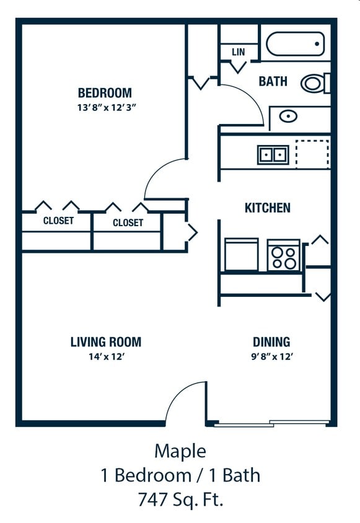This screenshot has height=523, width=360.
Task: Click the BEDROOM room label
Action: [x=105, y=93]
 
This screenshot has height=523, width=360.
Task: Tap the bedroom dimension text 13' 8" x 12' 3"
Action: [x=107, y=108]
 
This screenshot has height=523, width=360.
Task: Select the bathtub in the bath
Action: [x=296, y=44]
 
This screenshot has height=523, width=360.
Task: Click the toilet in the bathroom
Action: [x=315, y=83]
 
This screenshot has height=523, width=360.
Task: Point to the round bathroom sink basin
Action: [x=288, y=116]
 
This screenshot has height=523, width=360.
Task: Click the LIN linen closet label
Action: [x=238, y=52]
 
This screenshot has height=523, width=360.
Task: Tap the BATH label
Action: [x=273, y=81]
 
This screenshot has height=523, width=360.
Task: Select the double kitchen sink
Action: [x=273, y=155]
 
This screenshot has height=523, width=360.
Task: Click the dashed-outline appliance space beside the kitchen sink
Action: [x=312, y=154]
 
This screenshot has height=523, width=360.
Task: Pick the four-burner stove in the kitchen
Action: [x=284, y=255]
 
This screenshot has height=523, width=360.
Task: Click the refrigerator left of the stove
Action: [x=241, y=254]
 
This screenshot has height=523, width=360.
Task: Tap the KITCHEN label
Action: [x=268, y=208]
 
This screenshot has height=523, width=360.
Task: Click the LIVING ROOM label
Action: [x=106, y=342]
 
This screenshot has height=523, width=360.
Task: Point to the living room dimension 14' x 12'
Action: [x=107, y=356]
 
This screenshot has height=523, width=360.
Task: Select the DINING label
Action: [x=271, y=342]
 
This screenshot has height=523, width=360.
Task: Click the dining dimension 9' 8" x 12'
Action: [x=272, y=356]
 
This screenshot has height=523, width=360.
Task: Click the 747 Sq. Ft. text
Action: [x=180, y=499]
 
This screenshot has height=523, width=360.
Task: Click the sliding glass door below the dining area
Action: [x=271, y=423]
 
